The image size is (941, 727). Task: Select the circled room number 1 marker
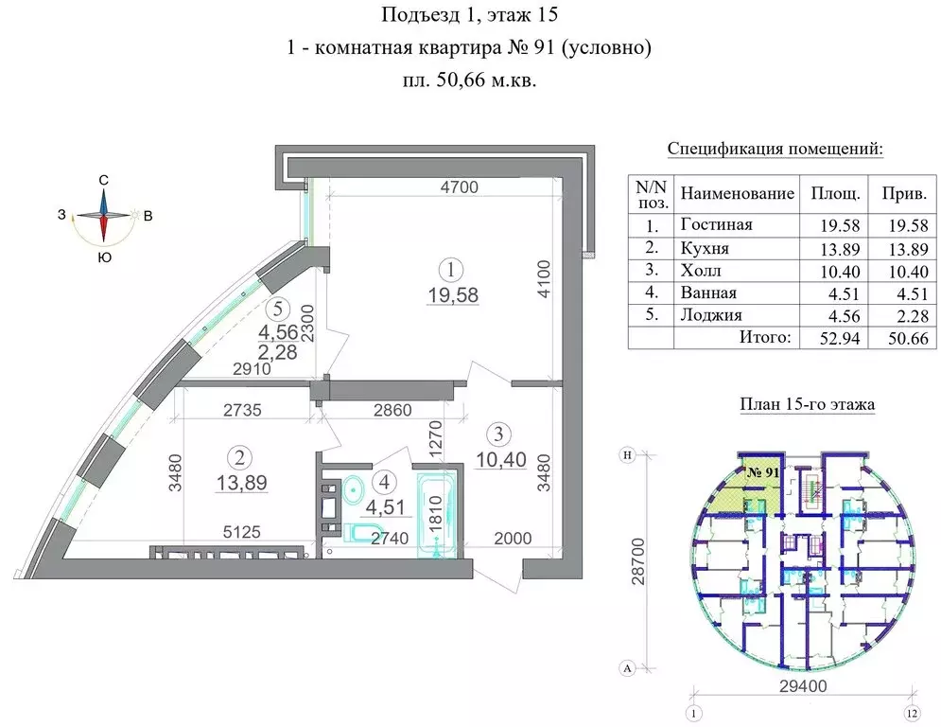click(454, 269)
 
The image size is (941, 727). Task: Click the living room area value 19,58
click(454, 294)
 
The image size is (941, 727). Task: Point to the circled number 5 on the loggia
click(275, 308)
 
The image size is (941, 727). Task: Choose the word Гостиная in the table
click(716, 225)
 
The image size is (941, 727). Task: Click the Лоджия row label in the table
click(711, 315)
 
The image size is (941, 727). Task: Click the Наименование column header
click(738, 193)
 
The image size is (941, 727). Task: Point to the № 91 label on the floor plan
click(762, 471)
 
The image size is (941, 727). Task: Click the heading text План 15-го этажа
click(806, 405)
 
